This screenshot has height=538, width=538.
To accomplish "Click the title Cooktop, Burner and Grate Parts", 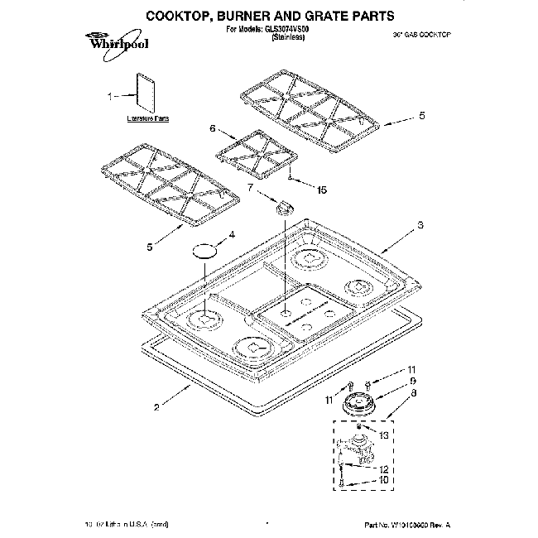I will (268, 15).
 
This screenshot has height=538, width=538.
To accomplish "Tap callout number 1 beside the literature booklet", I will (111, 97).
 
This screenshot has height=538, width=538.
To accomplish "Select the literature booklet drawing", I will (146, 92).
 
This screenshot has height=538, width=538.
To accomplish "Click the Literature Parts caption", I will (148, 119).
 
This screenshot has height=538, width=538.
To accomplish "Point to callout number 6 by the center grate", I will (213, 128).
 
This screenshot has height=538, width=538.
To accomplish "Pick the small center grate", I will (256, 151).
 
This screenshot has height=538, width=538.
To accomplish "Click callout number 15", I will (321, 190).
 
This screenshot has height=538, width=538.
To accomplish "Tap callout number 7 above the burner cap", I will (251, 189).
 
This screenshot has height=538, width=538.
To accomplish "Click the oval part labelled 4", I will (205, 249).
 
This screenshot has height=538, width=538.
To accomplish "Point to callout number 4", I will (232, 234).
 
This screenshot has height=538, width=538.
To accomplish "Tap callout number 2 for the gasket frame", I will (156, 406).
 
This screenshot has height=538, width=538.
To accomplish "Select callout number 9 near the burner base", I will (411, 381).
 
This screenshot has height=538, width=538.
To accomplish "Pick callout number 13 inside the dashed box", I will (382, 435).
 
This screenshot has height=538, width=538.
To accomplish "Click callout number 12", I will (383, 468).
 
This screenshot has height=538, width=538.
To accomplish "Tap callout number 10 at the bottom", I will (383, 479).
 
